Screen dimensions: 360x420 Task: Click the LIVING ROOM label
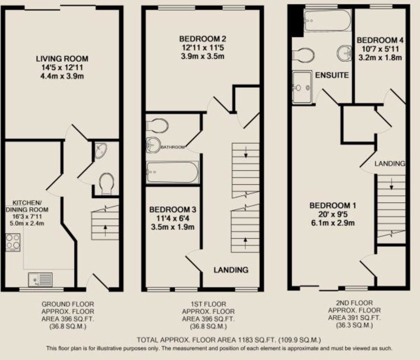62,59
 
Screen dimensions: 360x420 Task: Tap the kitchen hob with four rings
13,242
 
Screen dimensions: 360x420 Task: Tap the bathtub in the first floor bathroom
173,172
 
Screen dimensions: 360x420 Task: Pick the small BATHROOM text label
173,147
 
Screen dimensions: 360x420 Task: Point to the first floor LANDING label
231,270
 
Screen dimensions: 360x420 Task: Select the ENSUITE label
332,75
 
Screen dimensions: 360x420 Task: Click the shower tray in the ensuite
302,87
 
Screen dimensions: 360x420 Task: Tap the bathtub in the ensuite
327,20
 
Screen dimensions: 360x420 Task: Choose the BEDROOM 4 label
382,40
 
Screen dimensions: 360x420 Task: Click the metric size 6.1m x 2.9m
332,223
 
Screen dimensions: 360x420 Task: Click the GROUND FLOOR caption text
68,304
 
